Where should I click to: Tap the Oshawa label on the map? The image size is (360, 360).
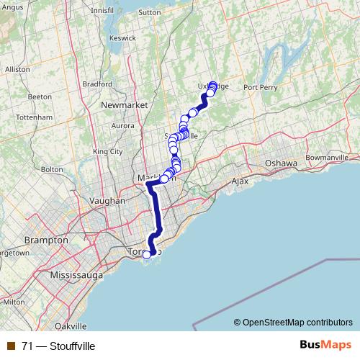tap(280, 163)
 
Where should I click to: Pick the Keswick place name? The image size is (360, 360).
tap(122, 37)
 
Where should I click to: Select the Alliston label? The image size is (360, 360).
tap(17, 69)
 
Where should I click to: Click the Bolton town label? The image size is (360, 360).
tap(53, 169)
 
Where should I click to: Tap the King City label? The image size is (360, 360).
tap(108, 151)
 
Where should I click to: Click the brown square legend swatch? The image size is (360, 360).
tap(10, 346)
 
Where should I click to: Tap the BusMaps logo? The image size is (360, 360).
tap(326, 345)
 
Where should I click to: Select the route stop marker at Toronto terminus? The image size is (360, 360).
tap(148, 253)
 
